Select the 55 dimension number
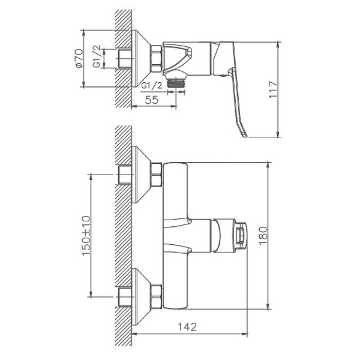(x=152, y=101)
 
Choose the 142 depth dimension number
(x=188, y=327)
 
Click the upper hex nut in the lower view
(x=155, y=175)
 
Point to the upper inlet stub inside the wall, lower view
(x=125, y=175)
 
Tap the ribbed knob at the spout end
(x=240, y=234)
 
